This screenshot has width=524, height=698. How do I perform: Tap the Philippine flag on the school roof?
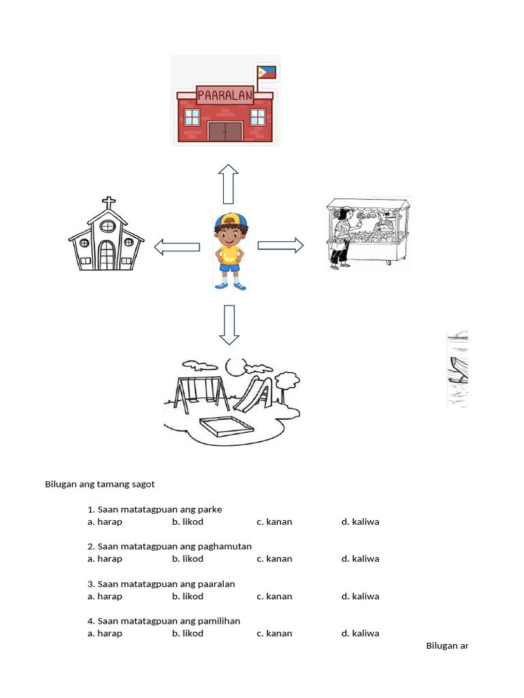pyautogui.click(x=265, y=72)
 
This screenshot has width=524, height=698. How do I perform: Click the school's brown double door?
pyautogui.click(x=225, y=131)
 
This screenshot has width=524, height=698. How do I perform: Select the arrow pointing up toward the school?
pyautogui.click(x=229, y=183)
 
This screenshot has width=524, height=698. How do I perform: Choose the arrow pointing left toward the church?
pyautogui.click(x=177, y=247)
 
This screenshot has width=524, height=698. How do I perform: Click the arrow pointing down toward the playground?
pyautogui.click(x=229, y=324)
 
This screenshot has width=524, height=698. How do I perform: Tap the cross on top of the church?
pyautogui.click(x=106, y=203)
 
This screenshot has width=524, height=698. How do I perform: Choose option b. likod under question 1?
pyautogui.click(x=188, y=522)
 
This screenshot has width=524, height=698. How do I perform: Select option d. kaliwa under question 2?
pyautogui.click(x=360, y=559)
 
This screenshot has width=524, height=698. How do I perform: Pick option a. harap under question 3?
pyautogui.click(x=105, y=596)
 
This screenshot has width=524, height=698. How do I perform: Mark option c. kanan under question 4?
pyautogui.click(x=274, y=633)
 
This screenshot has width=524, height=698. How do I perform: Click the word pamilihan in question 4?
pyautogui.click(x=219, y=621)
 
